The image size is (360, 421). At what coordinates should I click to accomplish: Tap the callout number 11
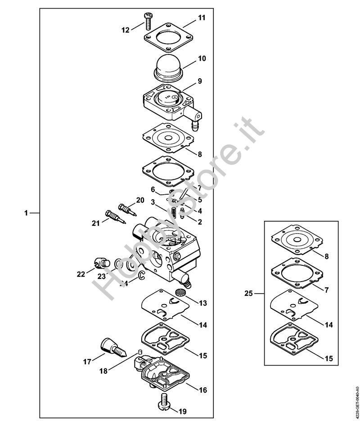tap(201, 18)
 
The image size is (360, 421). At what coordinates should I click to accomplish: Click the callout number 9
tap(199, 81)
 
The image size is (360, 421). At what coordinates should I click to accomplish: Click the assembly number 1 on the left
tap(26, 212)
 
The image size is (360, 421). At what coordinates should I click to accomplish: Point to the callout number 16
tap(202, 390)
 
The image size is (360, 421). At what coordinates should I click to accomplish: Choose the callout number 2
tap(200, 221)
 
